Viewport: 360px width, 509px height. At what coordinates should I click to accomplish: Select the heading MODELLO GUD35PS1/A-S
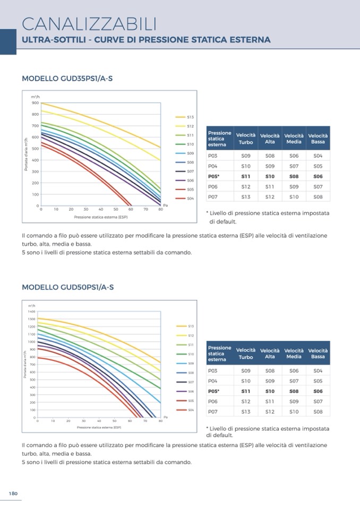point(67,79)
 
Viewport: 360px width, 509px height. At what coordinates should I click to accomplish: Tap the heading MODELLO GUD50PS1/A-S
point(67,287)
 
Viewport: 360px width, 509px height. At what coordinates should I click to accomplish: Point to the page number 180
point(13,494)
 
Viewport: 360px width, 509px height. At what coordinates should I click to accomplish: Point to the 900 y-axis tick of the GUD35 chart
point(35,103)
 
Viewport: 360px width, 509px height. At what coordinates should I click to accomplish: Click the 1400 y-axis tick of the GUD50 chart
point(31,311)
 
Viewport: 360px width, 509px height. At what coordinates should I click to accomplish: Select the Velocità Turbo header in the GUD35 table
point(246,139)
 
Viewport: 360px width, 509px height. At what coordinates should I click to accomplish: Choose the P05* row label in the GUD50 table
point(213,391)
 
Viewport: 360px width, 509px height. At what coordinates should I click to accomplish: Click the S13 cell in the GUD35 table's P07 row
point(246,197)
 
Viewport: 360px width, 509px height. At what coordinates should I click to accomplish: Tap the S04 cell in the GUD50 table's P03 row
point(318,370)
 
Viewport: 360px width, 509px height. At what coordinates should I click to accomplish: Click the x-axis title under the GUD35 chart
point(101,217)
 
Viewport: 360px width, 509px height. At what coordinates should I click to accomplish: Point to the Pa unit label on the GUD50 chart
point(165,417)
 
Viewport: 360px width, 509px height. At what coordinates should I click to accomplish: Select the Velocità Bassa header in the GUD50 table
point(318,353)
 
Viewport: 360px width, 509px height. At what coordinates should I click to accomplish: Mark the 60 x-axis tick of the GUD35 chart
point(131,210)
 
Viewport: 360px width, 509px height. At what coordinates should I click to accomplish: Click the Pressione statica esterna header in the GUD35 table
point(219,139)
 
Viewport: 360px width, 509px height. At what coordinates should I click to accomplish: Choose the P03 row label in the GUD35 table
point(213,156)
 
